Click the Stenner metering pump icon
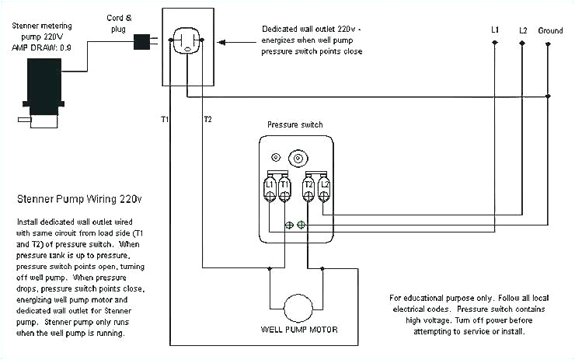pos(44,90)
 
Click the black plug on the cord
pos(144,40)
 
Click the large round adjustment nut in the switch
pos(295,158)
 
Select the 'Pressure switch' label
pos(294,124)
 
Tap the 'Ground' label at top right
pos(549,30)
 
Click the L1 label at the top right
pos(495,30)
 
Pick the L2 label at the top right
pos(522,30)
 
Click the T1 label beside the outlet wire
pos(165,119)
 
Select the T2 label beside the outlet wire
pos(207,119)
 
